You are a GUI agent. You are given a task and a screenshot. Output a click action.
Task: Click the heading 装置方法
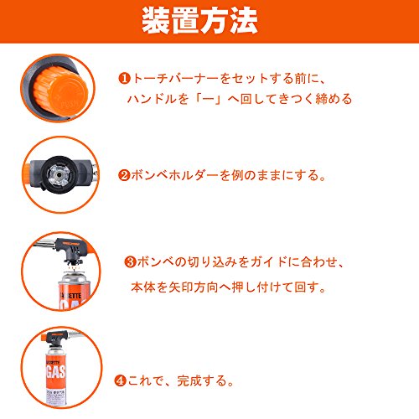pyautogui.click(x=199, y=21)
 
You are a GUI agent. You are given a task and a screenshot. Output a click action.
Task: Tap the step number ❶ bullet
pyautogui.click(x=124, y=79)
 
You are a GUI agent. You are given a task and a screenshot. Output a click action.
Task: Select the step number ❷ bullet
pyautogui.click(x=124, y=175)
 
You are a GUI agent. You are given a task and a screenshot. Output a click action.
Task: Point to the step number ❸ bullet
pyautogui.click(x=130, y=262)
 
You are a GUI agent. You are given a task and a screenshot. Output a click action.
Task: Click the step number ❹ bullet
pyautogui.click(x=121, y=380)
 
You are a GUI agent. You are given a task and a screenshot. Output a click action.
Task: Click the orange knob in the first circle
pyautogui.click(x=61, y=90)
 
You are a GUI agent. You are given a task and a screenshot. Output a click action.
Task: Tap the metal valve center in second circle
pyautogui.click(x=59, y=175)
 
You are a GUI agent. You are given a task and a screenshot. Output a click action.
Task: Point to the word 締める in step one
pyautogui.click(x=334, y=99)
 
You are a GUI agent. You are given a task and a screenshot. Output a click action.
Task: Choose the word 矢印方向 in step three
pyautogui.click(x=194, y=287)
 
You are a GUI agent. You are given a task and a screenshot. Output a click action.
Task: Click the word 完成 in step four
pyautogui.click(x=189, y=380)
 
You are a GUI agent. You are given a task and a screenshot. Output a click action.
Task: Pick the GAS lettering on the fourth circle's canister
pyautogui.click(x=56, y=371)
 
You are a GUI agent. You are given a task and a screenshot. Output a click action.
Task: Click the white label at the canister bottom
pyautogui.click(x=56, y=396)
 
